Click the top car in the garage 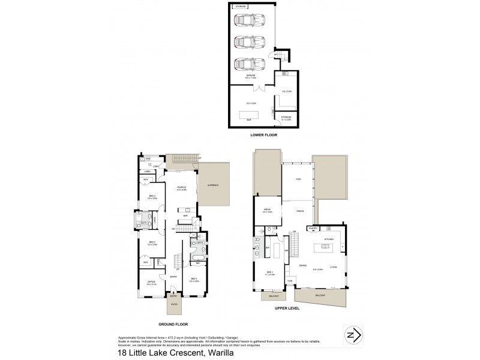coord(246,21)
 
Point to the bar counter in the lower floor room coord(248,113)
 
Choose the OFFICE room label coord(151,283)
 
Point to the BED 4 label coord(194,278)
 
